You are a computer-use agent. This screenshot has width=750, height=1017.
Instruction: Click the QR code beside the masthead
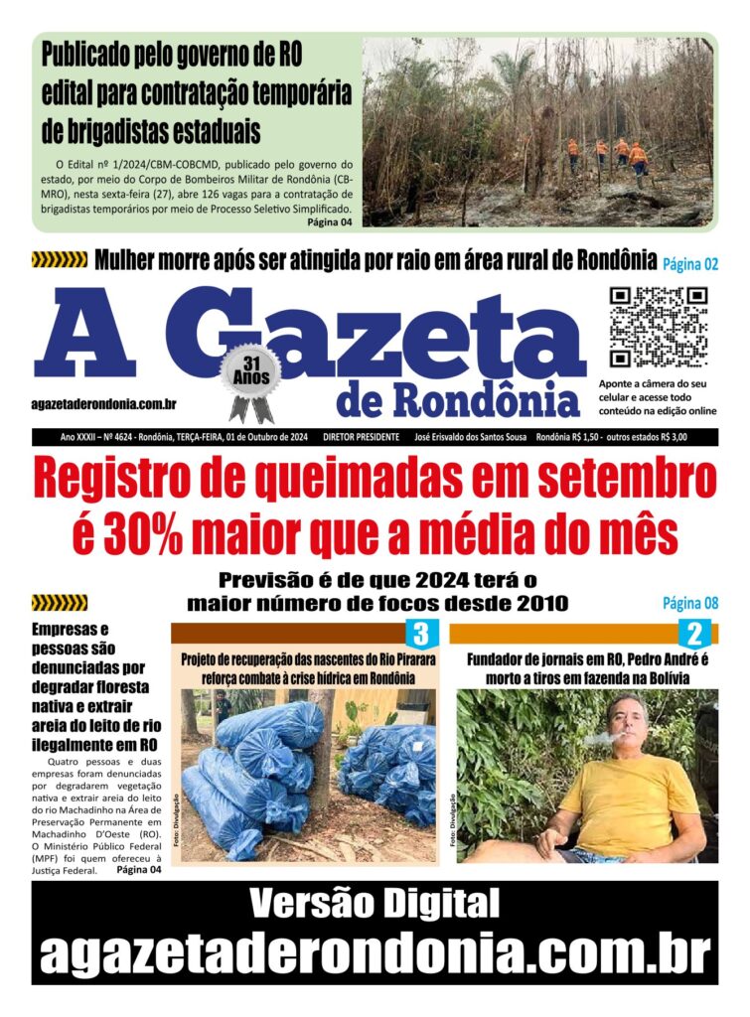[658, 328]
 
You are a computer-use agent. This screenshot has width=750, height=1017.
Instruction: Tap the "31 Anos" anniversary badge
[249, 375]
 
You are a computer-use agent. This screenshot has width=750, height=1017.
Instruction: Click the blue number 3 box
[421, 634]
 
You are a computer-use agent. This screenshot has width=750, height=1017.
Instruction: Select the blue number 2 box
[693, 634]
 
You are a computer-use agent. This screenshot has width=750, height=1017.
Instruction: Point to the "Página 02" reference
[690, 264]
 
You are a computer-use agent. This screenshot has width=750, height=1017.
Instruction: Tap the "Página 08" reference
[690, 603]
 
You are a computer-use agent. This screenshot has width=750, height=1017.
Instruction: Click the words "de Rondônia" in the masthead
[458, 399]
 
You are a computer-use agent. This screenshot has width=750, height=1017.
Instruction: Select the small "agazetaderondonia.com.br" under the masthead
[104, 402]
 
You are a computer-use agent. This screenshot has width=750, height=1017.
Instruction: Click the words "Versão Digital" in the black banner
[375, 904]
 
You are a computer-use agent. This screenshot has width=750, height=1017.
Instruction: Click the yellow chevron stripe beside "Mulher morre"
[59, 261]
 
